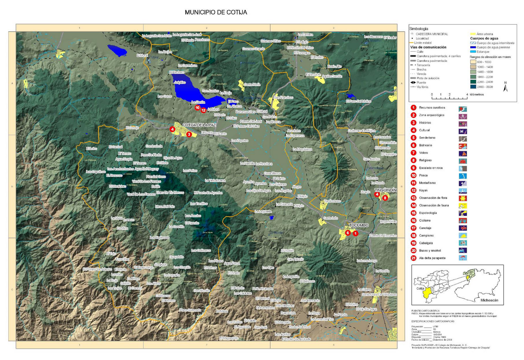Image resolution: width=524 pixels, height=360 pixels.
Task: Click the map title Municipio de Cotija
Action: [x=216, y=12]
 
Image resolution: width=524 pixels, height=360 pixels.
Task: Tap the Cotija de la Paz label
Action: [x=199, y=125]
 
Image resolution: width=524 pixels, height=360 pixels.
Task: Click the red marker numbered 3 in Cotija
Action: [x=189, y=134]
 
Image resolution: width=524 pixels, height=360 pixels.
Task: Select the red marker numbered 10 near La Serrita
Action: [x=197, y=107]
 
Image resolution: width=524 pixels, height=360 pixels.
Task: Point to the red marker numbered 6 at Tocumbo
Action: [x=348, y=233]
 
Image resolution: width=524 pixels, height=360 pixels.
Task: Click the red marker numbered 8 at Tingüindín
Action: [x=385, y=198]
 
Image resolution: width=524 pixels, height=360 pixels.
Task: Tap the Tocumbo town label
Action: [x=359, y=225]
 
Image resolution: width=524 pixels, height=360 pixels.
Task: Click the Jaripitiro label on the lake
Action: [x=180, y=82]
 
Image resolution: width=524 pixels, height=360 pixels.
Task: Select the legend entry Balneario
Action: [x=425, y=145]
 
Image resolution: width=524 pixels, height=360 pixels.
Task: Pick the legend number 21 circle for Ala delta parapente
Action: [x=414, y=258]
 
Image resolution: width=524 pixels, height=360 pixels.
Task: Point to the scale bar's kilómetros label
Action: [x=477, y=94]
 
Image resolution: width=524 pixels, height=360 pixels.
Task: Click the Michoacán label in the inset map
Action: [x=489, y=300]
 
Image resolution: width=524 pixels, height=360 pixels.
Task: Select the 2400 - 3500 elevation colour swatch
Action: [x=473, y=87]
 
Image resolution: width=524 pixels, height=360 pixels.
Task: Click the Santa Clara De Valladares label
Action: [x=379, y=294]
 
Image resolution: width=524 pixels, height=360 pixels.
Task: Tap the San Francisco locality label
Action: [x=283, y=98]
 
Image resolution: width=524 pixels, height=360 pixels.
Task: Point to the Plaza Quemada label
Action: [x=190, y=310]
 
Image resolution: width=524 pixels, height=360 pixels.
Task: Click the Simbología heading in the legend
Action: [x=419, y=29]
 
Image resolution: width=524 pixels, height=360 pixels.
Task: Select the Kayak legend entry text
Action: [x=423, y=190]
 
